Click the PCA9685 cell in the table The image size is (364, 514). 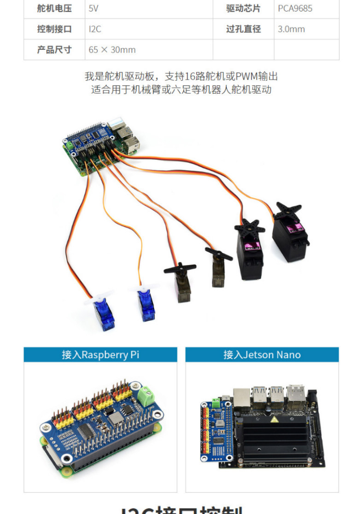click(x=295, y=8)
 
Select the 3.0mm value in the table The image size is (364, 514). click(x=291, y=29)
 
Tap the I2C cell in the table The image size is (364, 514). click(x=95, y=29)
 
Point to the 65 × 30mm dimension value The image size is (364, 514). click(x=112, y=50)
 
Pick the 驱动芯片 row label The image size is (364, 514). click(x=243, y=8)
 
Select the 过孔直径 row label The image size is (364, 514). click(x=243, y=29)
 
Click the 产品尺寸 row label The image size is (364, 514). click(x=54, y=50)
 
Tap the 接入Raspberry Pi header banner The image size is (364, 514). click(x=100, y=354)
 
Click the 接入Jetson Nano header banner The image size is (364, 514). click(x=262, y=354)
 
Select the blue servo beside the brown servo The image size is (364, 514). click(x=147, y=304)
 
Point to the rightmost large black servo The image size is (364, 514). click(x=290, y=237)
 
